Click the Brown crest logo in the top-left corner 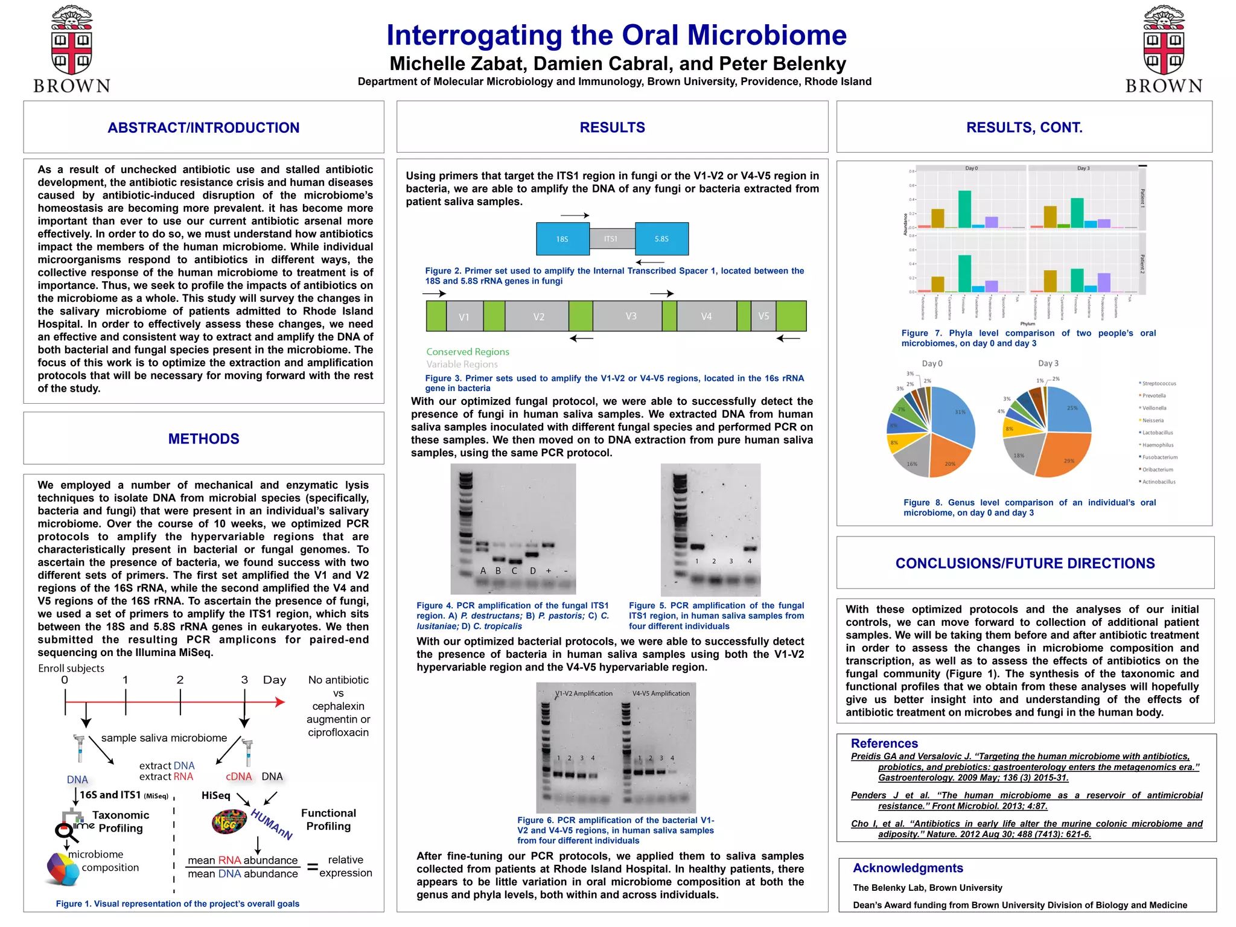click(x=71, y=48)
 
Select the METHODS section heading click(x=203, y=439)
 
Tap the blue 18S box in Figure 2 click(x=562, y=239)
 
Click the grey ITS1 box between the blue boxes click(x=611, y=239)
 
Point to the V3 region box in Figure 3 click(x=631, y=316)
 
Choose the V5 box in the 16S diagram click(x=763, y=316)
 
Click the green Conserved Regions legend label click(x=468, y=352)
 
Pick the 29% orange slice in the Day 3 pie click(x=1065, y=456)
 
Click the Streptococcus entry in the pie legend click(x=1159, y=383)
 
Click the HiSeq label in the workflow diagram click(x=215, y=795)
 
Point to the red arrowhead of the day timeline click(x=280, y=702)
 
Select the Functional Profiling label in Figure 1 click(x=328, y=820)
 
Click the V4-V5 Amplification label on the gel click(x=661, y=693)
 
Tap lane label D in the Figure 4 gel click(x=533, y=570)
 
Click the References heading click(x=884, y=744)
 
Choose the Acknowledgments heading click(x=908, y=868)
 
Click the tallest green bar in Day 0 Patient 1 click(x=964, y=209)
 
